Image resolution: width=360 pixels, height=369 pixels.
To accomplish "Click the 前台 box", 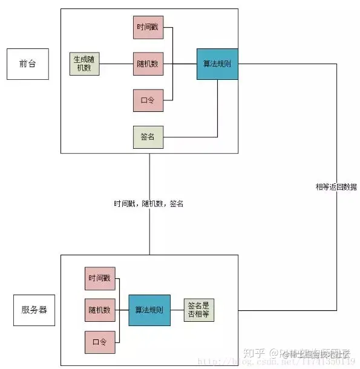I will pos(27,64).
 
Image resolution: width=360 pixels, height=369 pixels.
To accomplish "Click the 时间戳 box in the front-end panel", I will pos(148,28).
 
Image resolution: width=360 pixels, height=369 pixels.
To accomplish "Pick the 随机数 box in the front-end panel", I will pos(148,64).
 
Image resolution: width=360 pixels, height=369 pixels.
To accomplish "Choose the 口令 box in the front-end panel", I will pos(148,100).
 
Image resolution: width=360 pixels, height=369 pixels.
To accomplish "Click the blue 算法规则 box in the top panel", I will pos(217,64).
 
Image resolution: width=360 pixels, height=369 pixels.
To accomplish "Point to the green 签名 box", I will pos(148,137).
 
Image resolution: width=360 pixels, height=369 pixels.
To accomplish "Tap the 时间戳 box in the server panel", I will pos(100,278).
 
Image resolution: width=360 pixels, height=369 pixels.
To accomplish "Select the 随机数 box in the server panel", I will pos(100,310).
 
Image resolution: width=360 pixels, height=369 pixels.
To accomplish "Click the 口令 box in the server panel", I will pos(100,342).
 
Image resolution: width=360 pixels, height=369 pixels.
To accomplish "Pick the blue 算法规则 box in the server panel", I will pos(149,310).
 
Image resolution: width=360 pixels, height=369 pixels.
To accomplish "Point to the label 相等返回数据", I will pos(336,187).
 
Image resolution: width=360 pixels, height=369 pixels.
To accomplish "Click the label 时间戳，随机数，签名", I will pos(148,204).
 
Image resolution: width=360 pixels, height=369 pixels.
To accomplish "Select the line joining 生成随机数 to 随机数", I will pos(117,64).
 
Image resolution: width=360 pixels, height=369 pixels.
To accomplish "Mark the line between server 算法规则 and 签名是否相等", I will pos(177,310).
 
